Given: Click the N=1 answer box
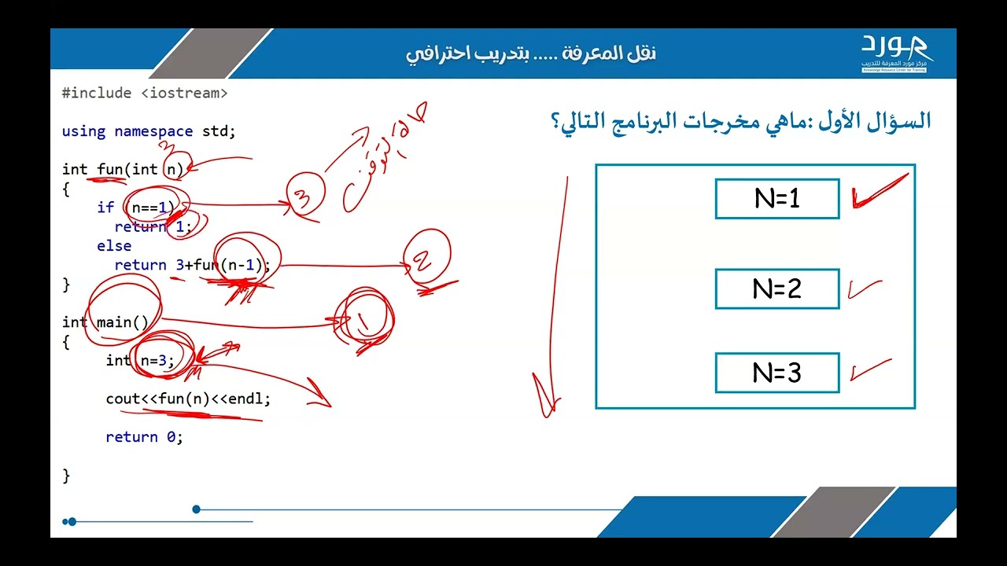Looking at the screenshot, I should tap(776, 199).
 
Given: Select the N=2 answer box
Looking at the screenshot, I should tap(776, 289).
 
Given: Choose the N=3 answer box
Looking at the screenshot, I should tap(776, 373).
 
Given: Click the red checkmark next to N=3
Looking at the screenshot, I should tap(869, 369).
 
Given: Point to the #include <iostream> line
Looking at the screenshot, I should tap(145, 93).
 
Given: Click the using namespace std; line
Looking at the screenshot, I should tap(149, 131).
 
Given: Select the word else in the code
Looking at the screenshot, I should tap(114, 246).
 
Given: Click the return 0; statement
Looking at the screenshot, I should tap(144, 437).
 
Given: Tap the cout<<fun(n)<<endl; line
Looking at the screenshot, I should tap(188, 399).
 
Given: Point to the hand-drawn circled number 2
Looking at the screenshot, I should tap(427, 260).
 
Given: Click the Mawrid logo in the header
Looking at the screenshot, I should tap(894, 53).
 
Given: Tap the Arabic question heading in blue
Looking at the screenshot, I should tap(739, 122).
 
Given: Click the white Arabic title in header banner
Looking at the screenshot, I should tap(531, 53).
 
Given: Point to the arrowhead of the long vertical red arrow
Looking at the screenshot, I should tap(547, 401).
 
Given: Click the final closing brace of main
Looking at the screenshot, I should tap(66, 476).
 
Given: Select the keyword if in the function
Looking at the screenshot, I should tap(105, 208).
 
